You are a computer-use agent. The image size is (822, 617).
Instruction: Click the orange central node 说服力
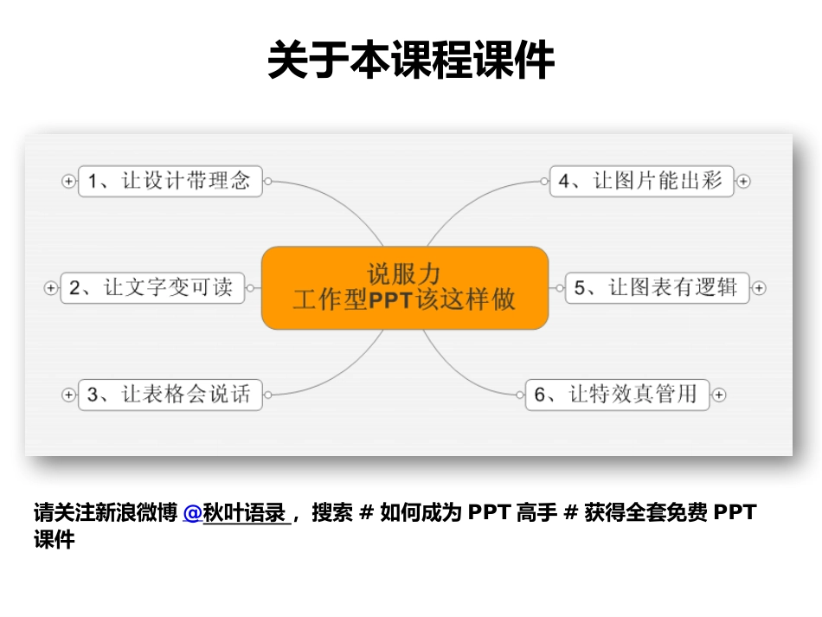pos(405,274)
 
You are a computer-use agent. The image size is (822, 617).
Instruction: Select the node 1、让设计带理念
pos(170,181)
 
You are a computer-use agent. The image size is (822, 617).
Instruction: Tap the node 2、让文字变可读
pos(151,287)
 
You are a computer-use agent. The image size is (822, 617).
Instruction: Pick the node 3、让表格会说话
pos(170,395)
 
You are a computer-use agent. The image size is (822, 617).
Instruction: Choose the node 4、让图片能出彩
pos(641,181)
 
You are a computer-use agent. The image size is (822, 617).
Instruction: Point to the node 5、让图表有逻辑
pos(657,287)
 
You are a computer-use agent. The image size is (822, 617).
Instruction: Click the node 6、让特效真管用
pos(617,395)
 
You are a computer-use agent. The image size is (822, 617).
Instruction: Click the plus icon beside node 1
pos(68,181)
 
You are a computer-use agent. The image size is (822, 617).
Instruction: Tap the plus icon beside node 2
pos(50,288)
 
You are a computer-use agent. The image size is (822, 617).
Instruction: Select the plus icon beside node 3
pos(68,395)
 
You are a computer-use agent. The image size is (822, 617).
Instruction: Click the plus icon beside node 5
pos(759,288)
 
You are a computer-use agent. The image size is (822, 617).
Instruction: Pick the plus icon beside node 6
pos(719,395)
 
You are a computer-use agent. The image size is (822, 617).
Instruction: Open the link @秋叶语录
pos(235,513)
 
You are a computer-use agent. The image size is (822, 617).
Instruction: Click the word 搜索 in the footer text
pos(332,513)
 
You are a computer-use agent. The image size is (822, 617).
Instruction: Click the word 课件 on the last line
pos(55,540)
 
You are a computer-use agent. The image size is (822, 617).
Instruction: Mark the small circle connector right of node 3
pos(268,395)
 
